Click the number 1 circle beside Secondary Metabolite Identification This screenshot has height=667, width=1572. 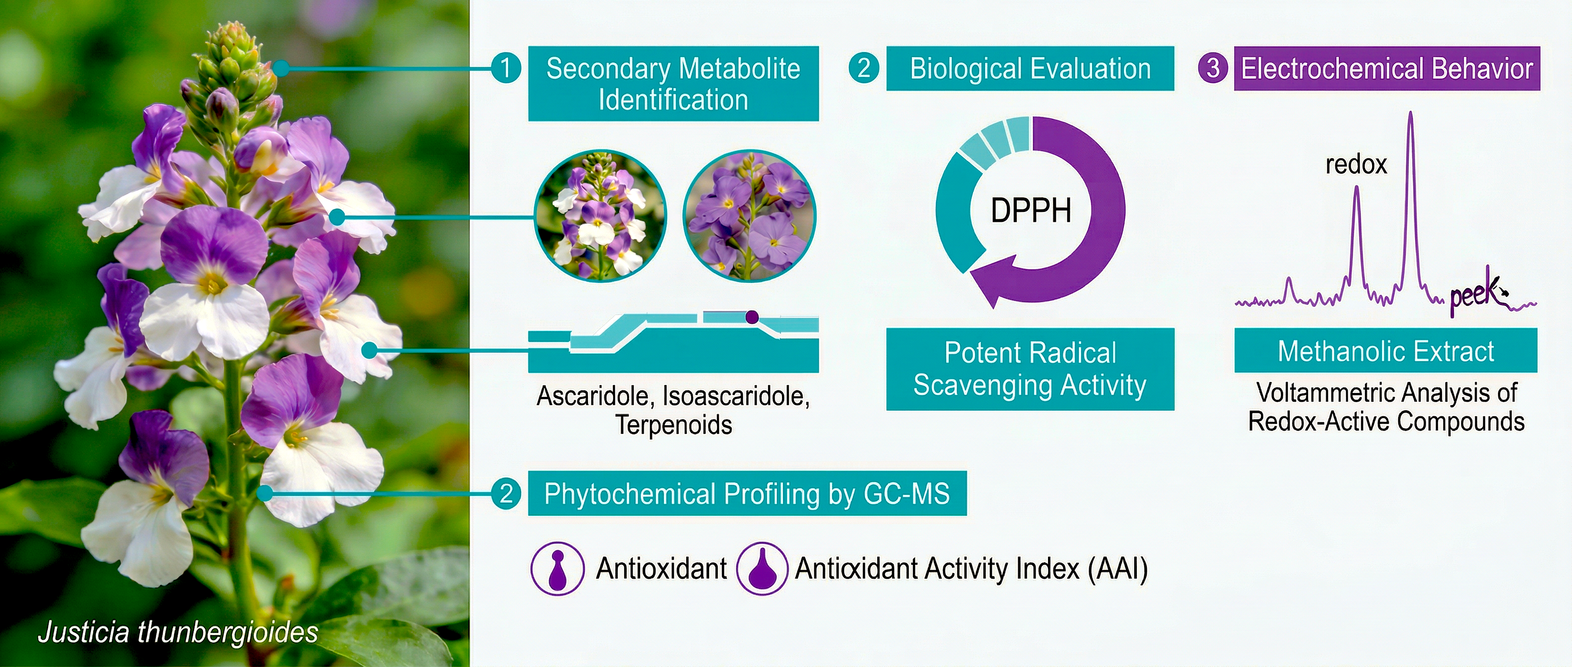click(x=506, y=67)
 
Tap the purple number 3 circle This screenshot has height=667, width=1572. click(x=1213, y=67)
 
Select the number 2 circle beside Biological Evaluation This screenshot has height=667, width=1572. click(x=864, y=67)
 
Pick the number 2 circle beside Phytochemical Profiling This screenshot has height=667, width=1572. click(x=506, y=493)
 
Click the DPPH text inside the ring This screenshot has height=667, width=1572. click(x=1031, y=210)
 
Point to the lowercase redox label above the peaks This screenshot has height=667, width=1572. click(x=1356, y=164)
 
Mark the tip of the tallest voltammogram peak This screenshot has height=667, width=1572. click(x=1410, y=112)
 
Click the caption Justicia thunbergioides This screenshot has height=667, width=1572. click(x=178, y=632)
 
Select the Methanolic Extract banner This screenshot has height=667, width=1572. click(x=1386, y=350)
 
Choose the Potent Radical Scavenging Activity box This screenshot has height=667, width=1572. click(x=1030, y=369)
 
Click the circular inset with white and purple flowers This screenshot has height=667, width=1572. click(x=600, y=216)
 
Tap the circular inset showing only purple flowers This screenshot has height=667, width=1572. click(x=749, y=216)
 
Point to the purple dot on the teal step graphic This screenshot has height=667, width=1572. click(x=752, y=317)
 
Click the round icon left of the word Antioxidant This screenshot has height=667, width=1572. click(x=557, y=568)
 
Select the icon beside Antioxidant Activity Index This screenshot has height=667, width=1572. click(x=762, y=568)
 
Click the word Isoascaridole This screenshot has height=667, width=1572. click(x=736, y=396)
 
